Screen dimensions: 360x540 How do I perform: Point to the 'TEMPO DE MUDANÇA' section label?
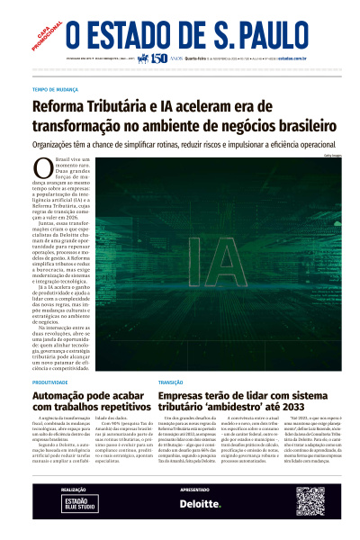pyautogui.click(x=56, y=91)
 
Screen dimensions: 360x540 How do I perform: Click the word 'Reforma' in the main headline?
pyautogui.click(x=66, y=106)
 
